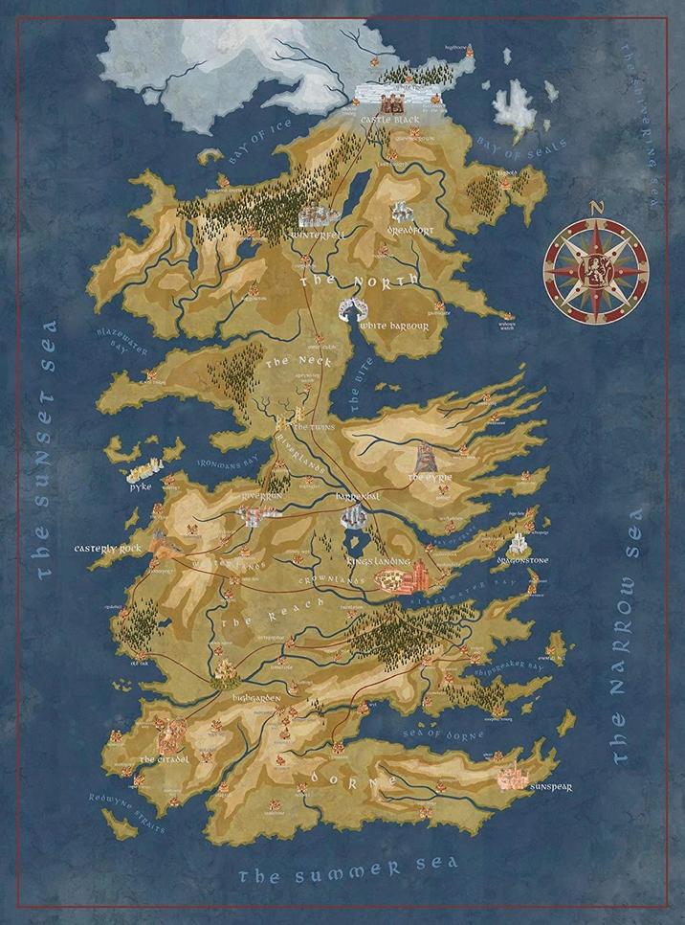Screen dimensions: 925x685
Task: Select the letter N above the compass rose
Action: tap(594, 207)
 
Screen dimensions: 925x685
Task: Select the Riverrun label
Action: tap(260, 497)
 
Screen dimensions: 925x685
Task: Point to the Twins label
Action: tap(313, 426)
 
